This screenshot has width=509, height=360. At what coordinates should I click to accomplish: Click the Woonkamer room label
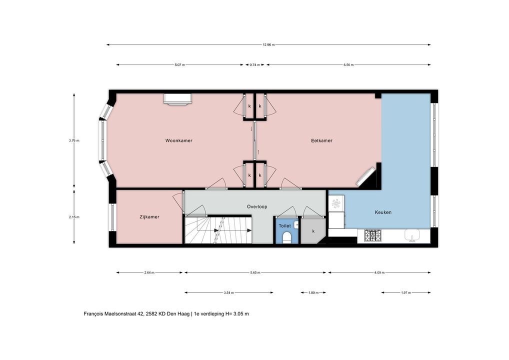(x=179, y=140)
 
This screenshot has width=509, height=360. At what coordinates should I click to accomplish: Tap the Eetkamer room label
(x=321, y=140)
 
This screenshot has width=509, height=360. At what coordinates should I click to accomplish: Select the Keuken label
(x=383, y=212)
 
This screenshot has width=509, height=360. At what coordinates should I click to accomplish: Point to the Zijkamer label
(x=149, y=217)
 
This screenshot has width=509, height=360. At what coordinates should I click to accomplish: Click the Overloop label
(x=257, y=206)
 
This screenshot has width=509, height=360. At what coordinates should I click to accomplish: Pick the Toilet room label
(x=284, y=225)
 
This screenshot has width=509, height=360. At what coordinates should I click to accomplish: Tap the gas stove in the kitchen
(x=372, y=235)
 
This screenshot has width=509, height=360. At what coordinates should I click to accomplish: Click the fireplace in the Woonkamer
(x=177, y=99)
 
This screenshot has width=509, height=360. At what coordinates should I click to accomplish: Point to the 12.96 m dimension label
(x=268, y=45)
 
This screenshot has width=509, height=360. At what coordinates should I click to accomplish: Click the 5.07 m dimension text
(x=179, y=65)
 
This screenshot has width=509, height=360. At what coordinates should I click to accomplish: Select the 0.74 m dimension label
(x=255, y=65)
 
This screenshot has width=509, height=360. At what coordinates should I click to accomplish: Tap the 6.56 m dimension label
(x=348, y=65)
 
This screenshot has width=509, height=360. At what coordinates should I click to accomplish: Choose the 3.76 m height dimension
(x=74, y=140)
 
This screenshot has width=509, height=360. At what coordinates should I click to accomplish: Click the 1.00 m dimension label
(x=313, y=293)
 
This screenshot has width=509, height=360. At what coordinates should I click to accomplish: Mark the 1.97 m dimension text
(x=406, y=293)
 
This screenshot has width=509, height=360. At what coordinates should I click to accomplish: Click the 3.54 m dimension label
(x=229, y=293)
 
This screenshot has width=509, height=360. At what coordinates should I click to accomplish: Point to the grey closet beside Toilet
(x=312, y=231)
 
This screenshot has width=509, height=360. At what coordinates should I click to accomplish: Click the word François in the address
(x=93, y=314)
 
